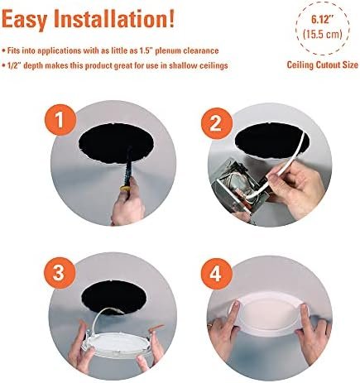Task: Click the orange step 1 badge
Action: point(60,120)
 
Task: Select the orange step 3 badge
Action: point(60,273)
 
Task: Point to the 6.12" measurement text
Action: point(323,20)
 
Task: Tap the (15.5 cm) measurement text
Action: point(323,34)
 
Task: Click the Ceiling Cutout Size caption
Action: point(323,65)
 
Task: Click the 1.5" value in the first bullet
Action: point(145,50)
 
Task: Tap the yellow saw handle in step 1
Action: point(126,189)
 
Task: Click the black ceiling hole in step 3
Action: point(113,296)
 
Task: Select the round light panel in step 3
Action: point(117,343)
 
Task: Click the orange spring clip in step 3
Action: point(156,328)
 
